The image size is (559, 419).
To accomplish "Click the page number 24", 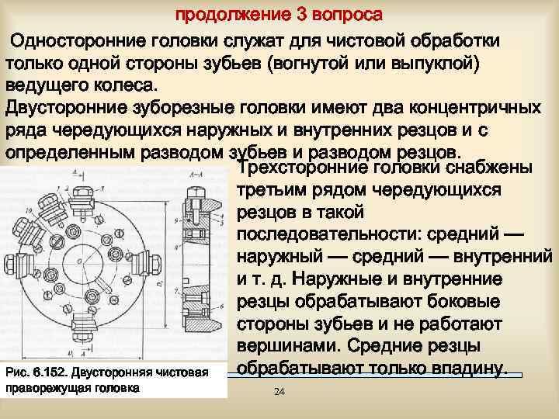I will click(x=279, y=393).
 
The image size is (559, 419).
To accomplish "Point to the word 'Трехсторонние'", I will click(x=304, y=168).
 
